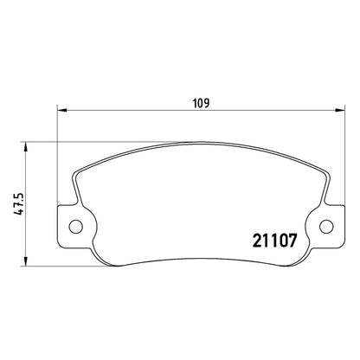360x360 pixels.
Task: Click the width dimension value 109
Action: coord(202,103)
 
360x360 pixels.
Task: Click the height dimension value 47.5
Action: coord(19,204)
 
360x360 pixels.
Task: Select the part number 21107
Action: coord(274,241)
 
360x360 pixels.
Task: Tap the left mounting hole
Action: coord(76,226)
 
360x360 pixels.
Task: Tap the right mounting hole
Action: coord(326,226)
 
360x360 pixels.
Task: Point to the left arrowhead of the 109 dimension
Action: coord(62,110)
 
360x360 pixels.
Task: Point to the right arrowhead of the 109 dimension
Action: coord(340,110)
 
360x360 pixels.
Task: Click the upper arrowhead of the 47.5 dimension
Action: coord(26,146)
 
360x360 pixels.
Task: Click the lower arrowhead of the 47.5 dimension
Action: coord(26,261)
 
